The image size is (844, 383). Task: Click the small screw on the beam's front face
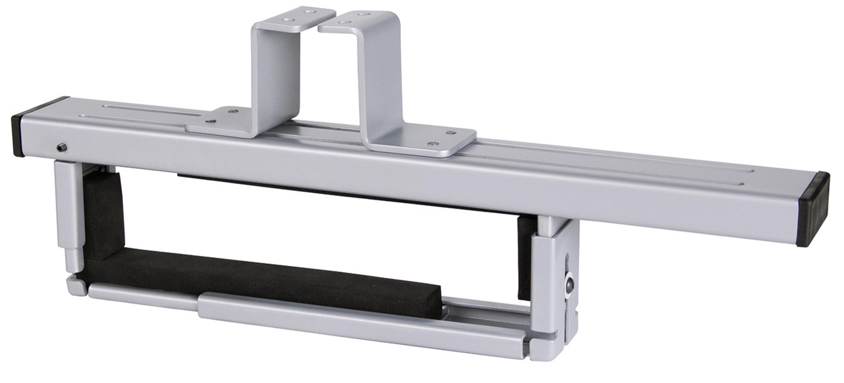(x=62, y=147)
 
